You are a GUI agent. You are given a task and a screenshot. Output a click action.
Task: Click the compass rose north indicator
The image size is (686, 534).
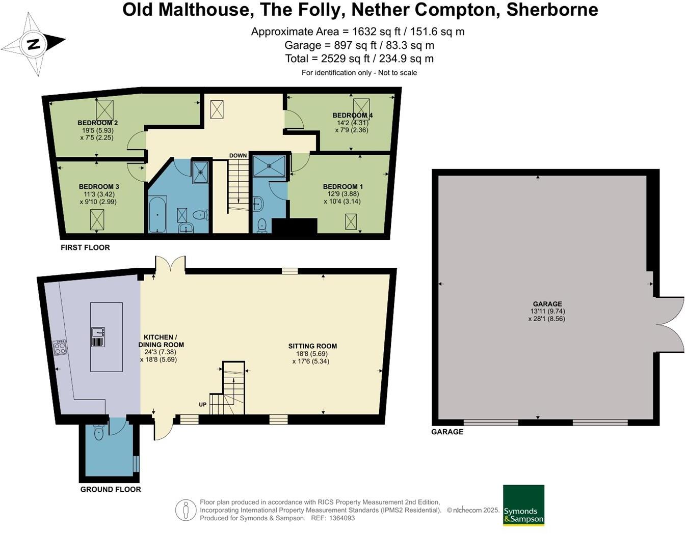point(33,44)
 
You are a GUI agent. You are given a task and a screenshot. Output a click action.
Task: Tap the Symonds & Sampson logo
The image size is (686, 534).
point(523,505)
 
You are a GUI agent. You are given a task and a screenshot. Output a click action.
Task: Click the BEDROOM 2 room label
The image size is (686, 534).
point(98,123)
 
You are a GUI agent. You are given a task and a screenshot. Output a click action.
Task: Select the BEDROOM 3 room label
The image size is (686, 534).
point(99,187)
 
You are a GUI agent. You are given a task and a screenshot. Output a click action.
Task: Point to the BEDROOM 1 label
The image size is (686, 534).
point(342,187)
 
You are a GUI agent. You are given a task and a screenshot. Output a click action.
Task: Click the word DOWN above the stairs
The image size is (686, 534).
point(238,156)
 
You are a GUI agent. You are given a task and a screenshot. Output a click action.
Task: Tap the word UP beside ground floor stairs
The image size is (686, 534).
point(202,405)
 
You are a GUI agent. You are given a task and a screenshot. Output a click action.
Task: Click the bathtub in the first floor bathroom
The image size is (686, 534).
point(157,215)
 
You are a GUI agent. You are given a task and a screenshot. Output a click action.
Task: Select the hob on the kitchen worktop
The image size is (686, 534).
point(60,348)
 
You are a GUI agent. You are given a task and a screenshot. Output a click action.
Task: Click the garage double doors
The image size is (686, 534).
point(669,325)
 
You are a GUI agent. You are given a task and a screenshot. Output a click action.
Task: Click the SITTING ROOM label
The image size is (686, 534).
point(312,346)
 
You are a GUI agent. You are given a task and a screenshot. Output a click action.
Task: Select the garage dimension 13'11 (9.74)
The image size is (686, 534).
point(547,312)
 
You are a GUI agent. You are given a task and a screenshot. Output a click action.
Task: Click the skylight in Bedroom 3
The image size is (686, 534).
point(97,219)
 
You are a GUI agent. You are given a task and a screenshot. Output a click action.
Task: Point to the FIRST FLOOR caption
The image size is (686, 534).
point(85,247)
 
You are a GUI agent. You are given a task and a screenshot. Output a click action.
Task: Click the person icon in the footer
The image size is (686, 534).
point(186,510)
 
